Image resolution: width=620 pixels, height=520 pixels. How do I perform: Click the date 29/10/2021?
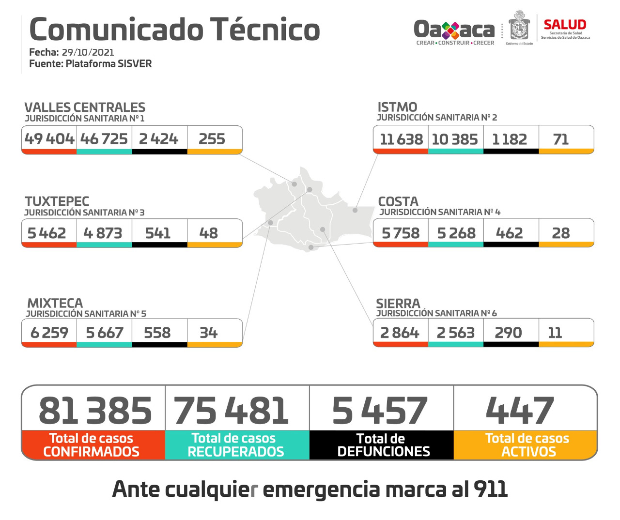pyautogui.click(x=88, y=52)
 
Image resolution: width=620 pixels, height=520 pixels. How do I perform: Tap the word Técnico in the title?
pyautogui.click(x=264, y=30)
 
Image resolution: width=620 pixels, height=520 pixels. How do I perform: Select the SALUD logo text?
pyautogui.click(x=565, y=25)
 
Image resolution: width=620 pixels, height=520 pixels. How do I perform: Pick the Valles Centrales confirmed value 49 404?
pyautogui.click(x=49, y=139)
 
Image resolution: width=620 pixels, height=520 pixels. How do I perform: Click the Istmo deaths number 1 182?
pyautogui.click(x=509, y=139)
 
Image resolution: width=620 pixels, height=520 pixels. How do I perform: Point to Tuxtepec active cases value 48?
pyautogui.click(x=209, y=233)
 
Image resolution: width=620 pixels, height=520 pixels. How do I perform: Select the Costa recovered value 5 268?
pyautogui.click(x=455, y=233)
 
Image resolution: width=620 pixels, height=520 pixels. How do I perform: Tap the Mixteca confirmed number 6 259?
pyautogui.click(x=49, y=333)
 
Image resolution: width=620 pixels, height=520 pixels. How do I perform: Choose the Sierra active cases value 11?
pyautogui.click(x=555, y=333)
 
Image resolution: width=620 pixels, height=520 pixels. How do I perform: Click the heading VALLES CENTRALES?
pyautogui.click(x=85, y=107)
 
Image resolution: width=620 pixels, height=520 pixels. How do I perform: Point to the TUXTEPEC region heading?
pyautogui.click(x=57, y=201)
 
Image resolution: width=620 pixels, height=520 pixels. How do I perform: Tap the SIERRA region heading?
pyautogui.click(x=398, y=304)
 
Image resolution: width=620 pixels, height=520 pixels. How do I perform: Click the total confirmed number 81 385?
pyautogui.click(x=95, y=411)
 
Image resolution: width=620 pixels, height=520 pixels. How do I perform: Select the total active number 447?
pyautogui.click(x=520, y=411)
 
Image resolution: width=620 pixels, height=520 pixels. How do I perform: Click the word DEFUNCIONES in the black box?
pyautogui.click(x=384, y=452)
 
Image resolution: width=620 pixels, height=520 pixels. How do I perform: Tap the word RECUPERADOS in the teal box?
pyautogui.click(x=236, y=452)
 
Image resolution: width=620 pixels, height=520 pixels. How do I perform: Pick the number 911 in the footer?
pyautogui.click(x=491, y=489)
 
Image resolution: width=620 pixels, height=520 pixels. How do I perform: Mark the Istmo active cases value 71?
pyautogui.click(x=561, y=139)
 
